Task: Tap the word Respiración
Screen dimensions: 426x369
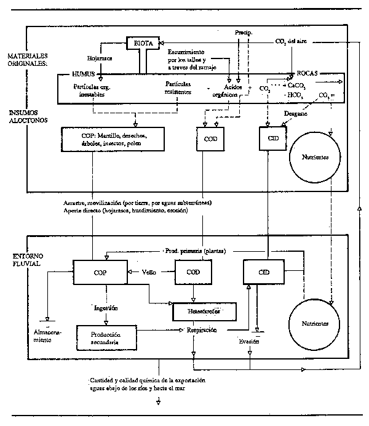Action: point(197,331)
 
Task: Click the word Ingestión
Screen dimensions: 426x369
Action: point(106,307)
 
